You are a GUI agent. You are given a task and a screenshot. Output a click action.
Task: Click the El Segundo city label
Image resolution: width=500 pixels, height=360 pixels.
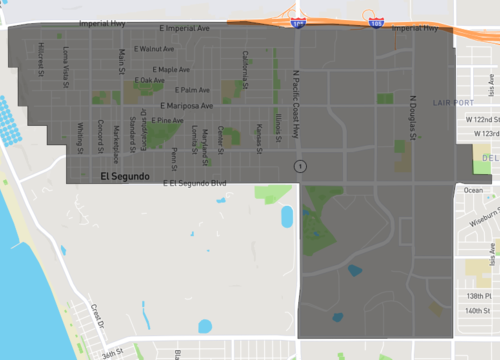[x=125, y=176]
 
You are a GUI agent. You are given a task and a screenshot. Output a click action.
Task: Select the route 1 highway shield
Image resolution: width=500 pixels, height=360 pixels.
[x=299, y=165]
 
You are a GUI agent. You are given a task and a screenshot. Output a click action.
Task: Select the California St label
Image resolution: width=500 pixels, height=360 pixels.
[x=245, y=68]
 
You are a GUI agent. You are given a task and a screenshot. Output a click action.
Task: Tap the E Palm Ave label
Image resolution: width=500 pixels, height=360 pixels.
[x=179, y=91]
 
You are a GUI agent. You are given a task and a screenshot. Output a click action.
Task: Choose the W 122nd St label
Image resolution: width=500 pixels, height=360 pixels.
[x=482, y=119]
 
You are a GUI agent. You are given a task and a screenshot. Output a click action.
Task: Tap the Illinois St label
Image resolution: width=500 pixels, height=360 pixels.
[x=278, y=129]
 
